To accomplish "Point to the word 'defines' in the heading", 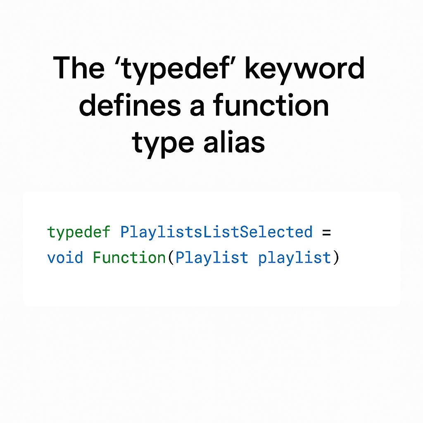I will [x=130, y=107].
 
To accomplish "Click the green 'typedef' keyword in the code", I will [x=79, y=233].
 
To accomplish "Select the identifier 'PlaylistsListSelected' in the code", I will [x=216, y=232].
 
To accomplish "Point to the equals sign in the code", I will [x=327, y=233].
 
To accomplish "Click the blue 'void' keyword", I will [x=65, y=258].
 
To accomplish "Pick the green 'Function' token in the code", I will [x=129, y=258].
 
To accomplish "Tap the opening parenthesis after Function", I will [x=170, y=258].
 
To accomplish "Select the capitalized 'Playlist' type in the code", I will [x=212, y=258].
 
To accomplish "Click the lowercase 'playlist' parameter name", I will [x=295, y=258].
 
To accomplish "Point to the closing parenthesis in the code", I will [x=336, y=258].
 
